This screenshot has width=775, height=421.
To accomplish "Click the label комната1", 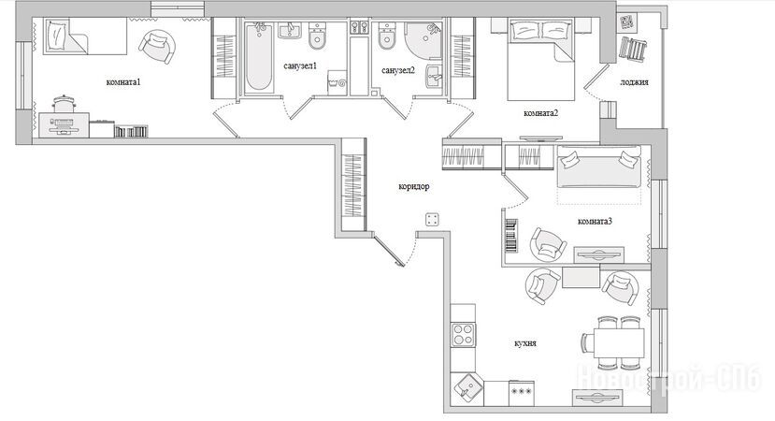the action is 123,82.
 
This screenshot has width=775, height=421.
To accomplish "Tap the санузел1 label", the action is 300,65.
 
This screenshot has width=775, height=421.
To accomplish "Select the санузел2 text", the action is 398,70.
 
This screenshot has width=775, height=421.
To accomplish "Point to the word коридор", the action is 414,186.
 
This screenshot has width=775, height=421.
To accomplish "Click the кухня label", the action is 525,342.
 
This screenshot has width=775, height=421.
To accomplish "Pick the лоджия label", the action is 634,82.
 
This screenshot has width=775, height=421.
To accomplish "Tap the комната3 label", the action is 596,221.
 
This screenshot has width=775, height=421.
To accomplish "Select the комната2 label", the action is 540,113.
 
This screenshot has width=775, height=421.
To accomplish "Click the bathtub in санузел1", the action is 259,57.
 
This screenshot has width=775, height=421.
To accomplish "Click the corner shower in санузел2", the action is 423,39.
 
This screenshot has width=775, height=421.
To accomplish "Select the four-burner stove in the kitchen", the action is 464,334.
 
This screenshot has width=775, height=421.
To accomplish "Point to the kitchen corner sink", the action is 467,387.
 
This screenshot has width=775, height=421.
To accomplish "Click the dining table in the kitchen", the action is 619,342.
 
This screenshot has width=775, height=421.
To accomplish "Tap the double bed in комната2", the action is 540,59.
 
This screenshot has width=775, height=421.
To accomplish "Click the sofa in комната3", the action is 599,167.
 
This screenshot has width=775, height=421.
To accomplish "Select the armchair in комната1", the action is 158,46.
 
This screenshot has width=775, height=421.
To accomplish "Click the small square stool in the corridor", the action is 432,220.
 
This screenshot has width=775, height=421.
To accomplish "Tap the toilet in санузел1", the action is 317,36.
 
